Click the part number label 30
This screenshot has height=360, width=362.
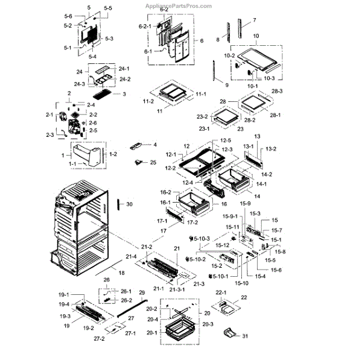(x=129, y=204)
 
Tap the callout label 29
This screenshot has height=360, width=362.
(x=142, y=292)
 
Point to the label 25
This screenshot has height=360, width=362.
(x=152, y=163)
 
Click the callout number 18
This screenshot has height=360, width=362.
(x=121, y=273)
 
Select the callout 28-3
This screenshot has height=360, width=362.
(x=278, y=91)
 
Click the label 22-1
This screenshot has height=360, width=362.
(x=220, y=293)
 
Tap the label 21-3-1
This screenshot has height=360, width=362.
(x=177, y=290)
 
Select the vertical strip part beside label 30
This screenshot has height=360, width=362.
(x=119, y=205)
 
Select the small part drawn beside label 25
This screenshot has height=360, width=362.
(x=140, y=162)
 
